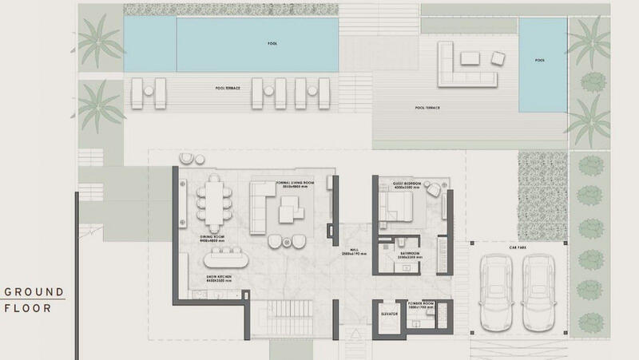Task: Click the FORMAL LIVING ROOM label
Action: tap(292, 182)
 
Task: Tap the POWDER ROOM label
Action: tap(421, 303)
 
